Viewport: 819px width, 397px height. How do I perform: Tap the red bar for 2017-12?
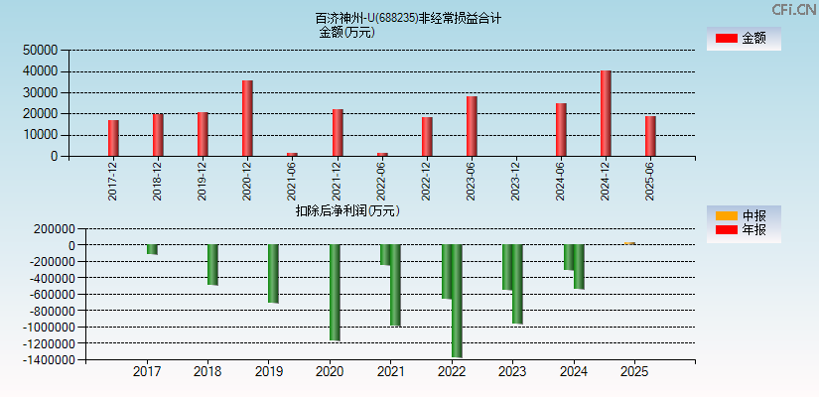113,138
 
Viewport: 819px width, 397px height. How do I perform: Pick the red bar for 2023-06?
472,126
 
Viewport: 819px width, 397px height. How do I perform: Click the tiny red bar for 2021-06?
292,154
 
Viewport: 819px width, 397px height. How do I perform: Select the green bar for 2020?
335,293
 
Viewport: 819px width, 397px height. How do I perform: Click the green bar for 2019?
273,274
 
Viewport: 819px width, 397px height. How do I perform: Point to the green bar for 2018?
212,265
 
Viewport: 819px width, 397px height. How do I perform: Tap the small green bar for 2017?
152,249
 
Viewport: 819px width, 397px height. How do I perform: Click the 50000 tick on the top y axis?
41,50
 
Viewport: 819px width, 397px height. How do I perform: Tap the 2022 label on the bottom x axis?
452,372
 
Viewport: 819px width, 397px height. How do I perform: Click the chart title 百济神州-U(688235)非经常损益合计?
408,18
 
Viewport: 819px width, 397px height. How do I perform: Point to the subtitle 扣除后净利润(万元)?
347,210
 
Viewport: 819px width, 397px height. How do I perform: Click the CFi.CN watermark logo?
794,9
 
